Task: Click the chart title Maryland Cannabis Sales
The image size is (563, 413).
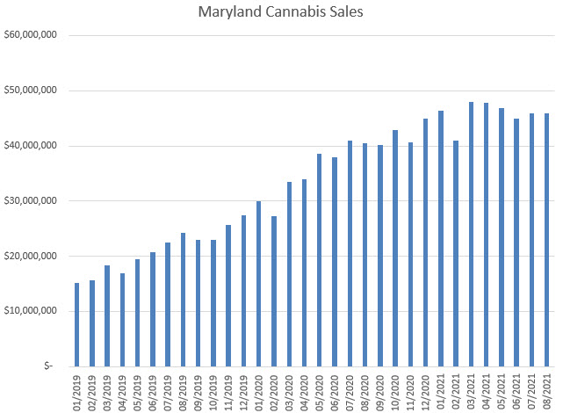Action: pos(281,12)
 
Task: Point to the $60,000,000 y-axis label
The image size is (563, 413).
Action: pos(31,35)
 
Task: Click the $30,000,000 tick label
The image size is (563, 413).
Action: pos(31,200)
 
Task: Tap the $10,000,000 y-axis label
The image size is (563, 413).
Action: pos(31,311)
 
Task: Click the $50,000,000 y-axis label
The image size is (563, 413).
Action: pos(31,91)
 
